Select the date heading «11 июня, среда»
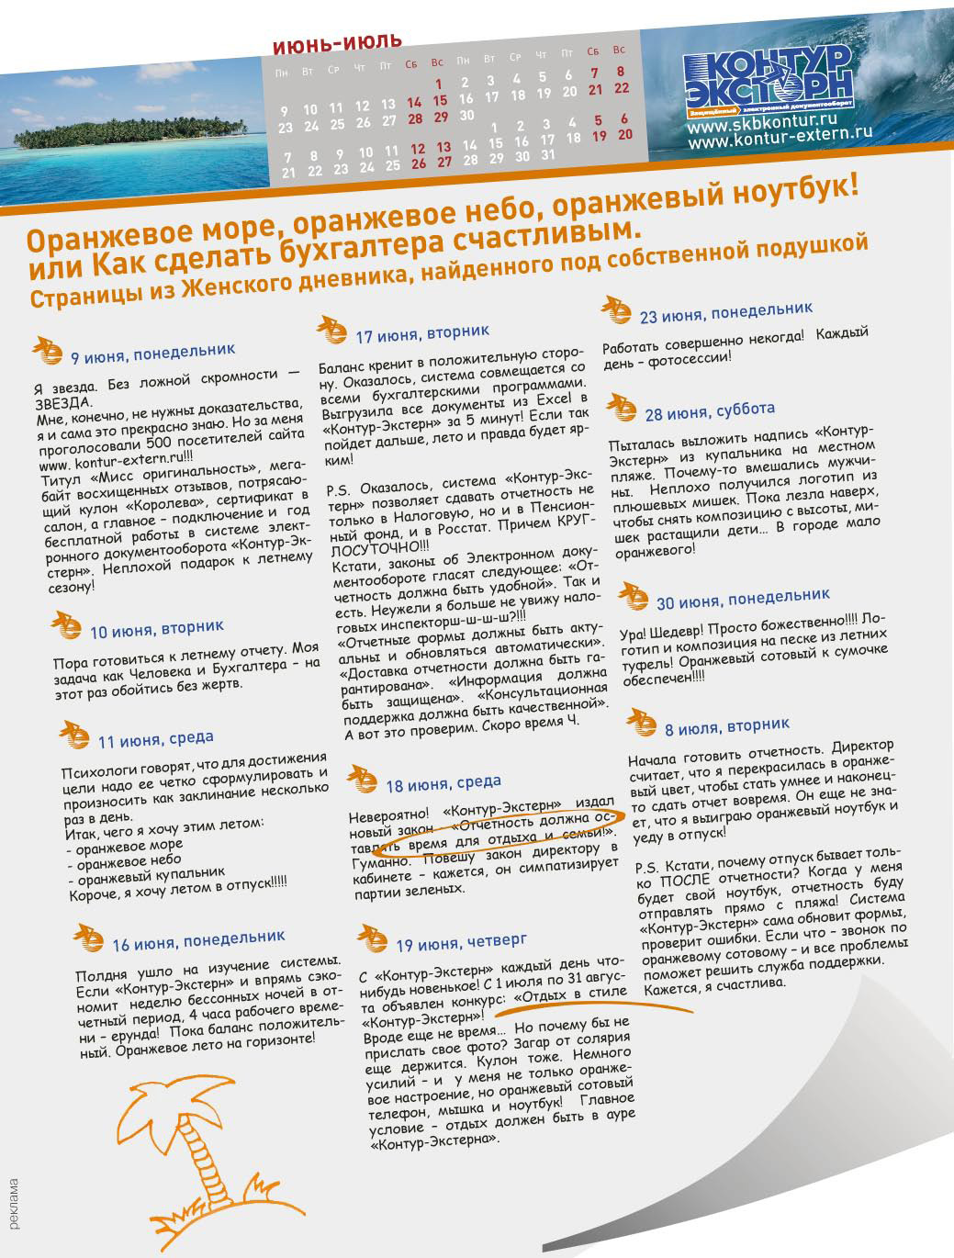click(155, 739)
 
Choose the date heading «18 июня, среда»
click(443, 783)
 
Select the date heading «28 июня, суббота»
click(710, 411)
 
